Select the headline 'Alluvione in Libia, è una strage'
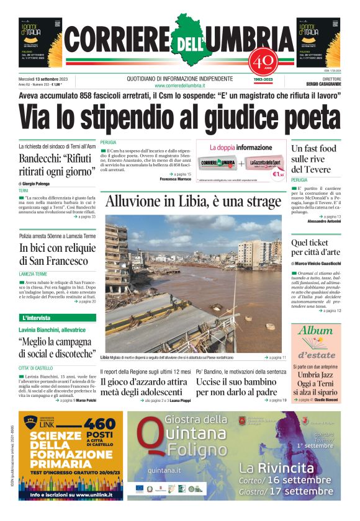(x=193, y=202)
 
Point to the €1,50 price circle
(x=278, y=174)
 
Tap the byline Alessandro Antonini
(x=324, y=221)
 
